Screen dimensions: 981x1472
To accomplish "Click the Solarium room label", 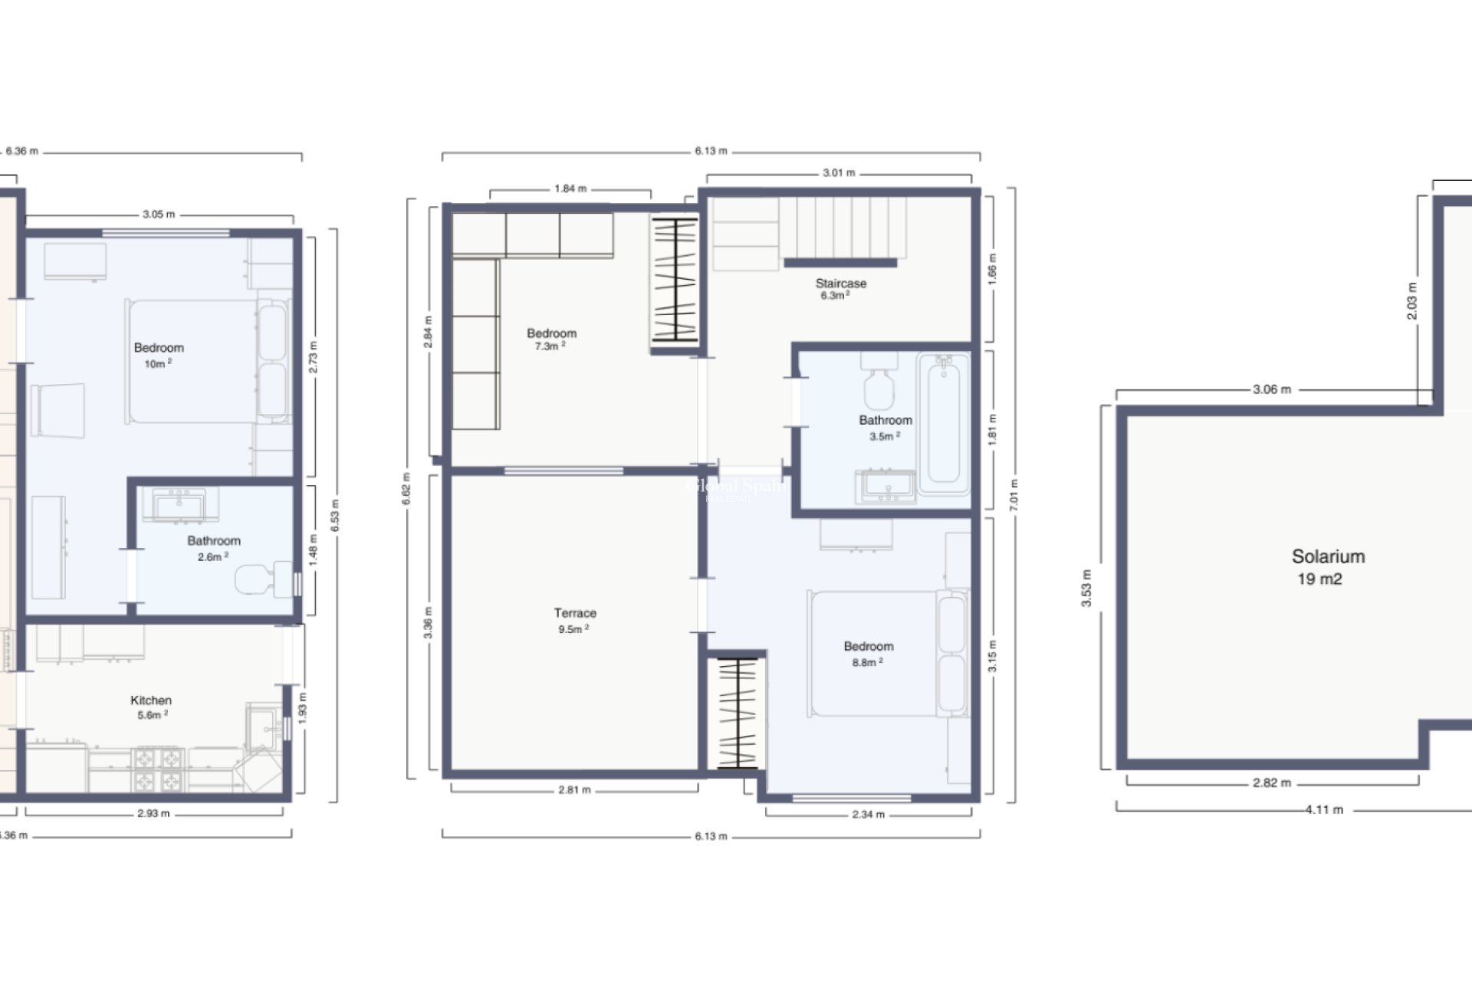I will tap(1328, 556).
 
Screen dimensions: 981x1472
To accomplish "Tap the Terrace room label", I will tap(575, 613).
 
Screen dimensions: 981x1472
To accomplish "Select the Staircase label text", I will tap(840, 284).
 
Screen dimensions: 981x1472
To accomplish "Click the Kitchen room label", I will tap(151, 700).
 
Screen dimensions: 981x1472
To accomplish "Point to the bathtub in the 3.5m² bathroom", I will tap(943, 424).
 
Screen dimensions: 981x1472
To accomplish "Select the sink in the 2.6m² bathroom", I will tap(179, 504).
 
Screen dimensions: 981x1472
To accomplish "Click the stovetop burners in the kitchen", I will tap(159, 769).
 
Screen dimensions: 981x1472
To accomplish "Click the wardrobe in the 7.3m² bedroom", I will tap(675, 281).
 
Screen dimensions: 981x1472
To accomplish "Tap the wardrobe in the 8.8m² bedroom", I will tap(737, 714).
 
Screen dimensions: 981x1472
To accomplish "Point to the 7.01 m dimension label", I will tap(1014, 494).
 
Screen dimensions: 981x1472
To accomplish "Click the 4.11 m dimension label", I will tap(1324, 809).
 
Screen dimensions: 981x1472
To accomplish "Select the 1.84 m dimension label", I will tap(570, 189).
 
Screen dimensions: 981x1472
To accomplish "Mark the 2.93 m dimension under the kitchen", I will tap(153, 813).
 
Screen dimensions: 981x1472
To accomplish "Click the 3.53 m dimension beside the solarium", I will tap(1086, 589).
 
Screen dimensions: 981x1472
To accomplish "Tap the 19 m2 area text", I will tap(1319, 579).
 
